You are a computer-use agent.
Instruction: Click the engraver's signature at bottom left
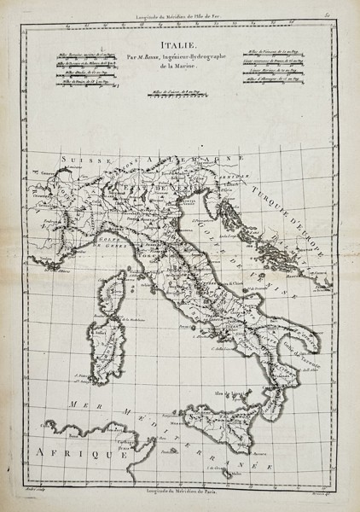point(38,492)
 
